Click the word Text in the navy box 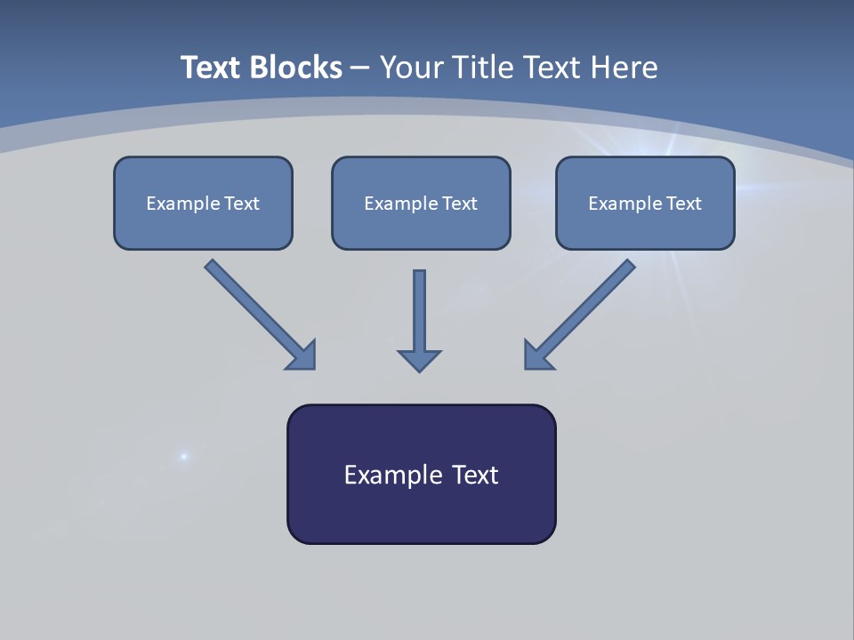[x=476, y=475]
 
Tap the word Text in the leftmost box [x=242, y=204]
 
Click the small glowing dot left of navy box [x=184, y=456]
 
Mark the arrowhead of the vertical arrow [x=419, y=360]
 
